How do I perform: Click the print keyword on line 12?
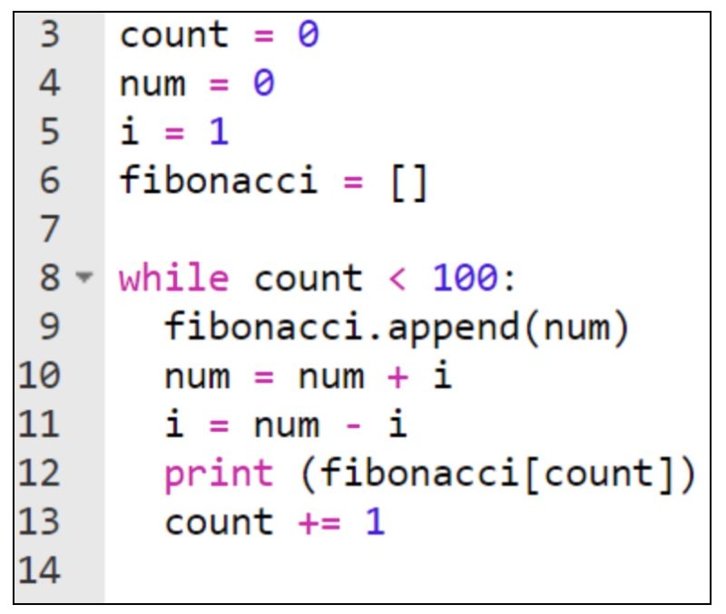pos(219,473)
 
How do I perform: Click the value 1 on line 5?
pos(218,133)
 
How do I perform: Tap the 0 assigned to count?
pos(309,37)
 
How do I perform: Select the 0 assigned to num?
pos(263,85)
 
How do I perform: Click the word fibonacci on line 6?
pos(219,182)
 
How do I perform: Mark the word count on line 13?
pos(219,522)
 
